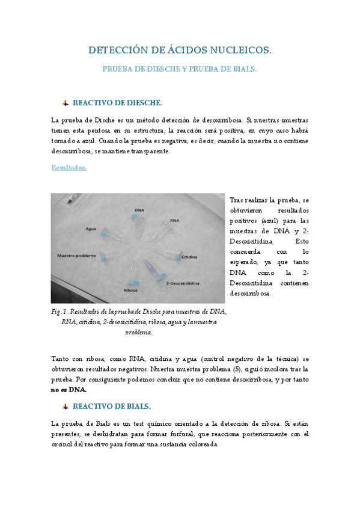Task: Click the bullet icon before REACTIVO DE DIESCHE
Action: [x=65, y=103]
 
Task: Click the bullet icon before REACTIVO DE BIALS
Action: [x=65, y=406]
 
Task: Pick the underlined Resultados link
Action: [x=69, y=168]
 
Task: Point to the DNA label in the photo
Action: [x=139, y=210]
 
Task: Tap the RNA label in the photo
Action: [x=175, y=221]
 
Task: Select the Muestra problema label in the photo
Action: [x=76, y=256]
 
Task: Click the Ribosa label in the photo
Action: [x=130, y=290]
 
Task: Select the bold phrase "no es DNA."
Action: [x=69, y=389]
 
